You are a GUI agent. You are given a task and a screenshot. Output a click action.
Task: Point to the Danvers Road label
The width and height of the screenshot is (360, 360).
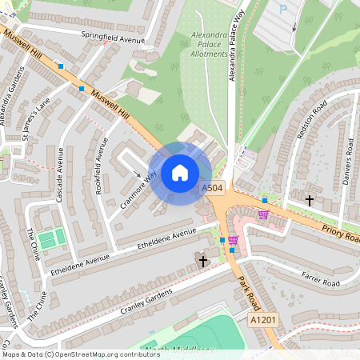[x=349, y=152]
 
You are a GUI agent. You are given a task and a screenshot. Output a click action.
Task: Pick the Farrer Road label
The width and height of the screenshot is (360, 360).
[x=320, y=280]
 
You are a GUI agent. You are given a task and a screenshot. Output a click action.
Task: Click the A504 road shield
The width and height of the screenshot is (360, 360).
[x=212, y=187]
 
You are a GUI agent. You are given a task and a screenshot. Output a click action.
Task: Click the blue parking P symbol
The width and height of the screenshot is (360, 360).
[x=282, y=9]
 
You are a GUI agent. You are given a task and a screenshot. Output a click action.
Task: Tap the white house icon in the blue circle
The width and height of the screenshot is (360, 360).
[x=180, y=172]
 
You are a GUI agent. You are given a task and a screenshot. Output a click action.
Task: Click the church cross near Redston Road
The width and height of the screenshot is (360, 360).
[x=310, y=199]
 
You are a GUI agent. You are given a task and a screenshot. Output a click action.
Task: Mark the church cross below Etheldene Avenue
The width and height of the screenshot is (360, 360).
[x=202, y=261]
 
